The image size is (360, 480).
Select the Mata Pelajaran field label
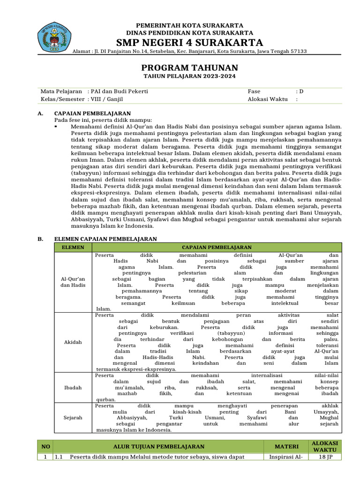click(x=61, y=91)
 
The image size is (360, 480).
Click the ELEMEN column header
click(x=73, y=247)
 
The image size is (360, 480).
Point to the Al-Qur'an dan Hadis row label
click(x=73, y=282)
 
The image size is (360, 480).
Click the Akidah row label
click(x=73, y=342)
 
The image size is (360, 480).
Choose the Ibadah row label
click(x=73, y=388)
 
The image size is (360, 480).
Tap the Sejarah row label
click(x=73, y=417)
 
